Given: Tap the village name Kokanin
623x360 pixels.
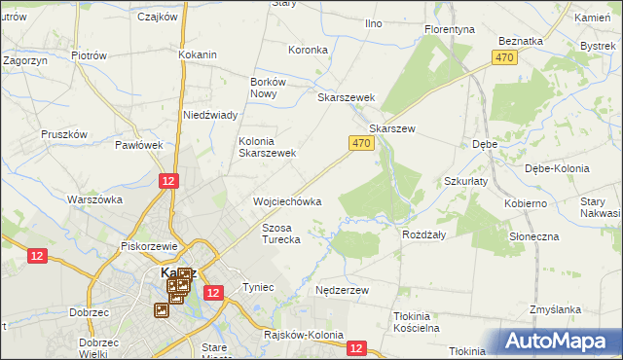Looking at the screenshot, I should pos(197,54).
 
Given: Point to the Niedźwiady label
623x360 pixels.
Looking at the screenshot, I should pos(210,115).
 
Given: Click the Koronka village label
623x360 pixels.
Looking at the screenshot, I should pos(308,49).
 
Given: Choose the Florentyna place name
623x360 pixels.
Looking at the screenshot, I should pos(449,30).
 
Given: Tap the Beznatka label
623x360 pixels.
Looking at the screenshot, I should pos(519,41).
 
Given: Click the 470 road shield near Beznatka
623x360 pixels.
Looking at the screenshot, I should pos(503,58).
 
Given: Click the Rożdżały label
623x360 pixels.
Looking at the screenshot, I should pos(423,234).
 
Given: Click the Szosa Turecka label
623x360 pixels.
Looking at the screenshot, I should pos(281,233).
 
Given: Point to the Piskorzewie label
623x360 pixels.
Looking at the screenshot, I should pos(146,246).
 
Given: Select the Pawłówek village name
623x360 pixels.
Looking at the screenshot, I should pos(138,145).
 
